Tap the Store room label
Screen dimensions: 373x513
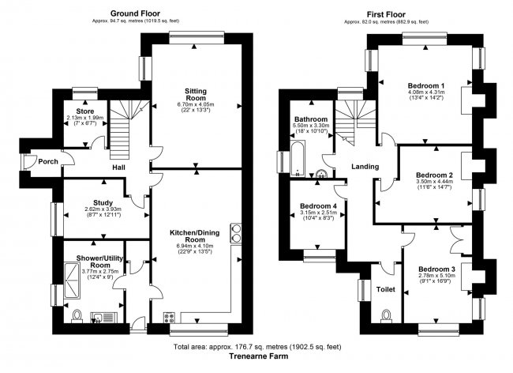pos(85,111)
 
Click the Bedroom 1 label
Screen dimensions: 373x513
pos(427,85)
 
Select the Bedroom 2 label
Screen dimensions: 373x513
pos(433,175)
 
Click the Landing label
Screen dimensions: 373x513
pos(364,167)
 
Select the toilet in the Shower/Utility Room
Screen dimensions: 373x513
pos(77,315)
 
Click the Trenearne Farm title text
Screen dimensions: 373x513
pos(256,356)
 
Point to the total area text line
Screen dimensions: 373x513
pos(256,347)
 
